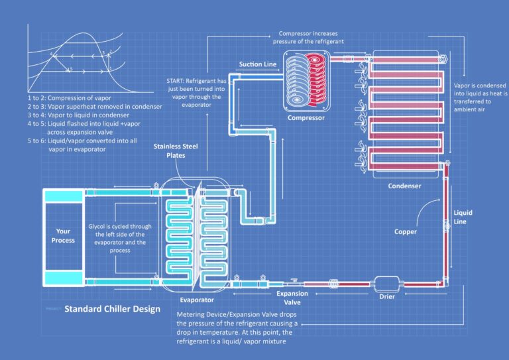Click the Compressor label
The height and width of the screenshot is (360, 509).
pos(306,118)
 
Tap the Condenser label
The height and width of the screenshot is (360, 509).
pos(404,186)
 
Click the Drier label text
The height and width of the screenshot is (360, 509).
pos(387,296)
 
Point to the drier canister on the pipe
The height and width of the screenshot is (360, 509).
pos(386,282)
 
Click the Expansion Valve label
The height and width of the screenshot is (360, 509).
pos(292,297)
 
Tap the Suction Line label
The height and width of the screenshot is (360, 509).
pos(258,64)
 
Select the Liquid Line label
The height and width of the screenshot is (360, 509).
pos(463,217)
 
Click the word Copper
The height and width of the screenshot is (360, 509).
pos(405,231)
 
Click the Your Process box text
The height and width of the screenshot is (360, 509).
pos(64,235)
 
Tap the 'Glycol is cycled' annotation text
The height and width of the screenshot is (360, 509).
pos(121,234)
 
